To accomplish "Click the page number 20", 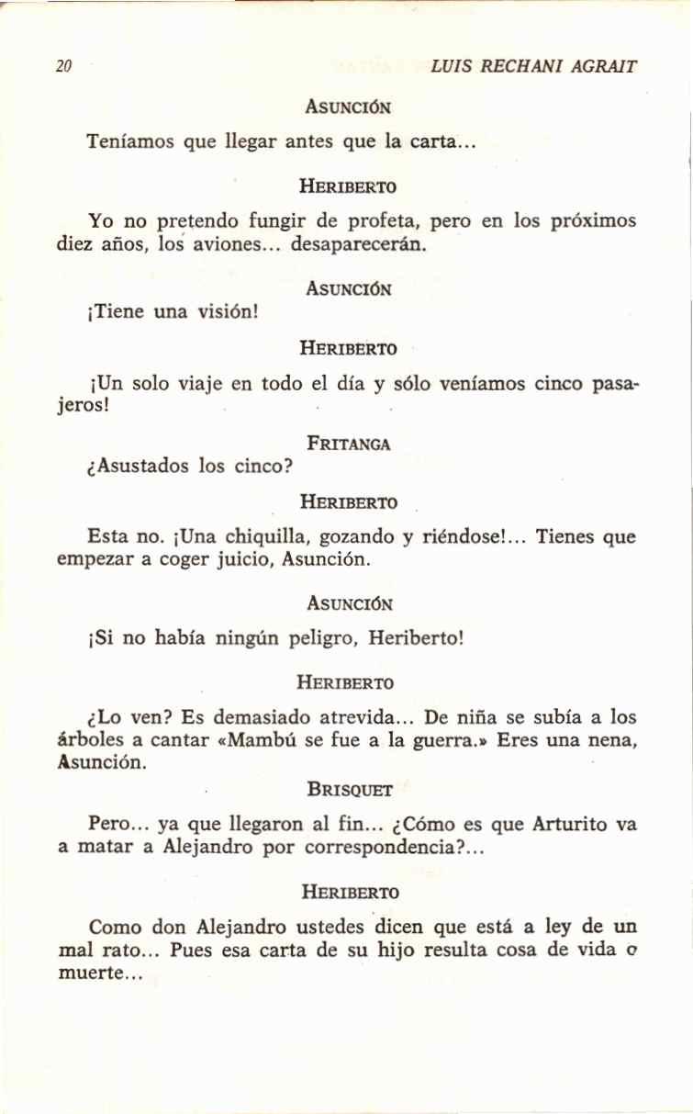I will pos(63,66).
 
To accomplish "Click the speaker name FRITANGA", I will pos(349,444).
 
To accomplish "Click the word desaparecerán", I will pos(359,246).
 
